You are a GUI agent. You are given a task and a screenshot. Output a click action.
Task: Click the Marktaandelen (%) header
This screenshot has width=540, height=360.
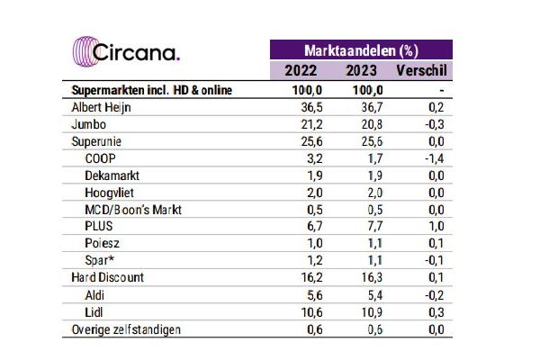[360, 49]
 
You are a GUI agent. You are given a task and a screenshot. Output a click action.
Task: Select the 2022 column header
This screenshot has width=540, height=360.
[299, 70]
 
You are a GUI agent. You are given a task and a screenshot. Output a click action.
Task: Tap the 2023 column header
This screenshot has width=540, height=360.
[360, 70]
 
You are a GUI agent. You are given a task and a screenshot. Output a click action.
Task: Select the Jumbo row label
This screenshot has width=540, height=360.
[88, 124]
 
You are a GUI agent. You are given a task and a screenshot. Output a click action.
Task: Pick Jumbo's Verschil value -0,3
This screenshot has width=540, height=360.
[435, 124]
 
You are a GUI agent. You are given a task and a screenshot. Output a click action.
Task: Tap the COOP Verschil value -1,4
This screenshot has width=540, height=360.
[435, 158]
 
